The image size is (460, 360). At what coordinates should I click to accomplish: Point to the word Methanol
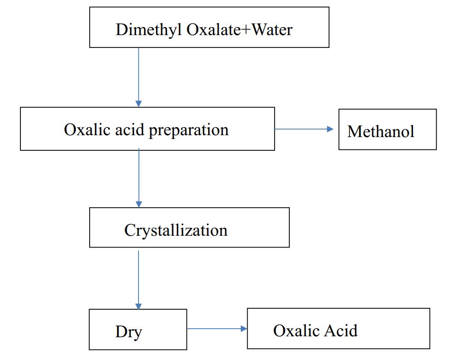pyautogui.click(x=380, y=131)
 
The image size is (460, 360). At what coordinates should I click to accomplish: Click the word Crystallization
pyautogui.click(x=176, y=230)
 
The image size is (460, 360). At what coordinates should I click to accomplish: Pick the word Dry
pyautogui.click(x=128, y=332)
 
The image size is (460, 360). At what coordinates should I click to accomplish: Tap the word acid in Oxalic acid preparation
pyautogui.click(x=133, y=129)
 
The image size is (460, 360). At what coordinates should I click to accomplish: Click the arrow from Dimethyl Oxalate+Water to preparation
pyautogui.click(x=138, y=76)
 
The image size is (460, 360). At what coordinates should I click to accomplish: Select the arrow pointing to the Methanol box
pyautogui.click(x=304, y=129)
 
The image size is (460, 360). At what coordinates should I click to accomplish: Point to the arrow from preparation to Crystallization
pyautogui.click(x=138, y=178)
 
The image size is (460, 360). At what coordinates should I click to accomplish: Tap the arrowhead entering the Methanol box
pyautogui.click(x=331, y=129)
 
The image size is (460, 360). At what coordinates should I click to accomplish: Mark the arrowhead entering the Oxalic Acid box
pyautogui.click(x=244, y=328)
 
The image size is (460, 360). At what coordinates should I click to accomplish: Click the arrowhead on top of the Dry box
pyautogui.click(x=138, y=306)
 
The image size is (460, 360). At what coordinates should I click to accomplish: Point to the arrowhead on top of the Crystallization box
pyautogui.click(x=138, y=204)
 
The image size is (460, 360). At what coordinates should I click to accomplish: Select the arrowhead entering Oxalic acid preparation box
pyautogui.click(x=138, y=103)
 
